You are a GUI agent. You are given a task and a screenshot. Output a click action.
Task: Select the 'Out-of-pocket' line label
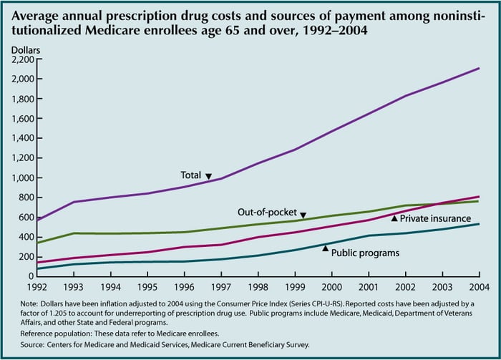tap(267, 213)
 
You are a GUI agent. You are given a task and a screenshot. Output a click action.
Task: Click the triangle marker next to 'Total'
tap(208, 175)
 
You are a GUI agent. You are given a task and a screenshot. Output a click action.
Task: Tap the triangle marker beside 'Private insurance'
tap(394, 218)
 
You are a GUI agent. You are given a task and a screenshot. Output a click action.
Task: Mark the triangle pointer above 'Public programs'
tap(326, 248)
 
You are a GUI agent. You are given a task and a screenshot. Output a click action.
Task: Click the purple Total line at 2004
tap(479, 69)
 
